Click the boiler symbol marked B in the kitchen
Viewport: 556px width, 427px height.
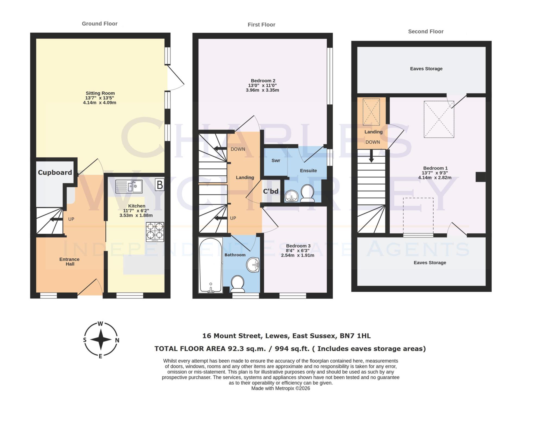pos(160,185)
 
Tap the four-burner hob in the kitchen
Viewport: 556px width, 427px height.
pos(155,232)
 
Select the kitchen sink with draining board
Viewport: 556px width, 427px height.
pos(129,186)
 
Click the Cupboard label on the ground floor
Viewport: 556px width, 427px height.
pos(55,172)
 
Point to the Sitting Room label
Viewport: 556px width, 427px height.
pos(100,93)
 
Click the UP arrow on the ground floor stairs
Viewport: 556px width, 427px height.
pos(56,219)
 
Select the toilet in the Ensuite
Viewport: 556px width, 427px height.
pos(307,193)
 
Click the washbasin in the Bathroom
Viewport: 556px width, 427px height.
pos(253,265)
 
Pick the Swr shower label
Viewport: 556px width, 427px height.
pos(276,160)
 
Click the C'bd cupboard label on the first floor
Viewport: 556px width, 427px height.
pos(271,191)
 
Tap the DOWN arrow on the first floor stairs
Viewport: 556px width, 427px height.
pos(220,148)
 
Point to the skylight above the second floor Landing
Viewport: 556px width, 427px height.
pos(371,112)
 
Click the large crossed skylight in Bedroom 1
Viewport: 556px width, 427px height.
pos(439,119)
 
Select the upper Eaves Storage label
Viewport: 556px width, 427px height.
pos(426,69)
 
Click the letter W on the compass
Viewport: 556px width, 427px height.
pos(100,324)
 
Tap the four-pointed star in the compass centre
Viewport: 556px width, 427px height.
pos(101,339)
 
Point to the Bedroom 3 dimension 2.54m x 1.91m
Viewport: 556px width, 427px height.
pos(298,255)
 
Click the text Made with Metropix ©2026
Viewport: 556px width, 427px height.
pos(280,388)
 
